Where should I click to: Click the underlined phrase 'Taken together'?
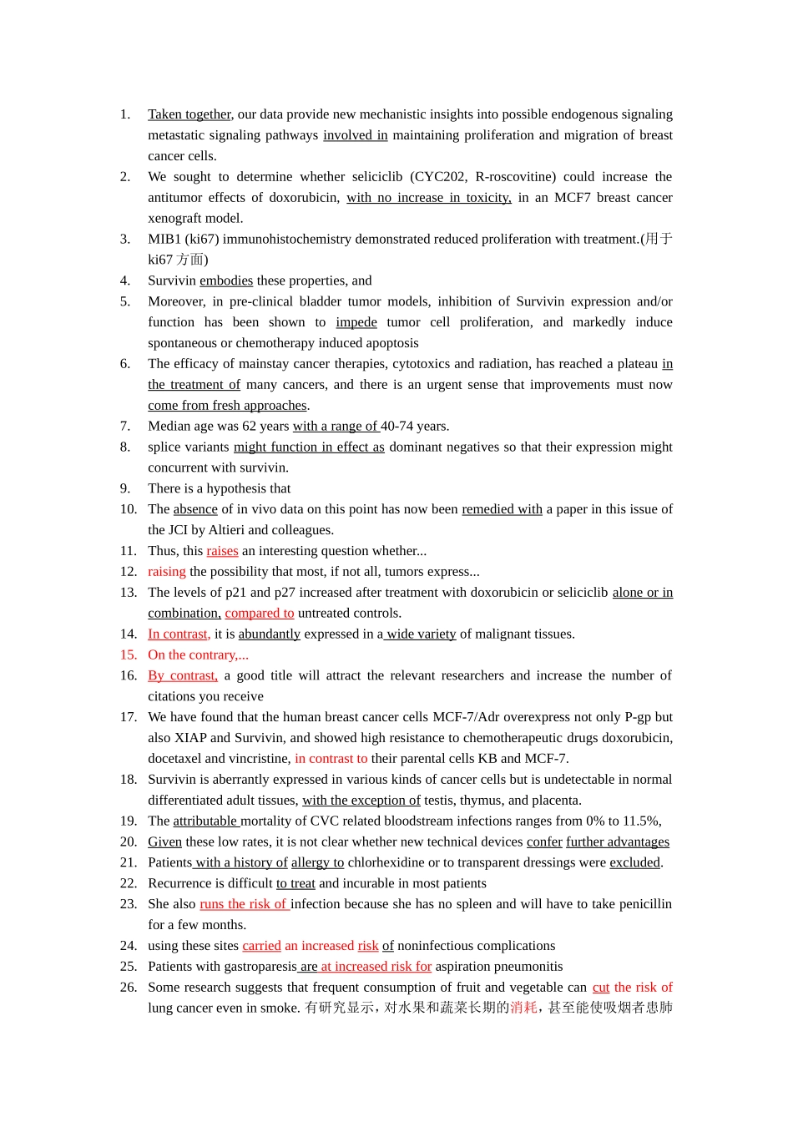pyautogui.click(x=189, y=114)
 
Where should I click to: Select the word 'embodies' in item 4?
pyautogui.click(x=226, y=280)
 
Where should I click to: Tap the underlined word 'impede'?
pyautogui.click(x=356, y=322)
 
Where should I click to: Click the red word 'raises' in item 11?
pyautogui.click(x=222, y=551)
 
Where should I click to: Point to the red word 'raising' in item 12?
pyautogui.click(x=167, y=572)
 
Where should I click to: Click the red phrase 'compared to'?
pyautogui.click(x=260, y=614)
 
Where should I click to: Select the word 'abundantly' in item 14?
pyautogui.click(x=269, y=634)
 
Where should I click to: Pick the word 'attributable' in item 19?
pyautogui.click(x=205, y=821)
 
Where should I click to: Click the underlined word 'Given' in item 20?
pyautogui.click(x=164, y=842)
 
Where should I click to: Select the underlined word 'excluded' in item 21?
pyautogui.click(x=634, y=862)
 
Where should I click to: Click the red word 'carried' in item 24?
pyautogui.click(x=261, y=946)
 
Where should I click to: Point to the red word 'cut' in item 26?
pyautogui.click(x=601, y=988)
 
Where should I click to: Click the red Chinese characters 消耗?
pyautogui.click(x=523, y=1008)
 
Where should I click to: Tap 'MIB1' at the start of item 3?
pyautogui.click(x=164, y=240)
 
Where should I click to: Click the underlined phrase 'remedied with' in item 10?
pyautogui.click(x=502, y=509)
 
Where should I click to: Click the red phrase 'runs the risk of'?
pyautogui.click(x=244, y=904)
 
